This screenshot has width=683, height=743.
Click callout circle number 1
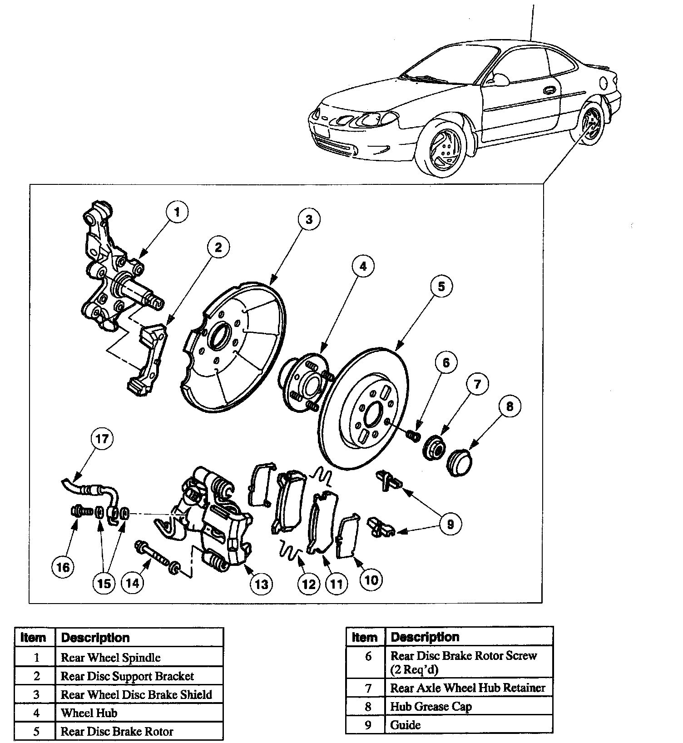[x=177, y=212]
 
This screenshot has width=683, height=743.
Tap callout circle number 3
[x=309, y=220]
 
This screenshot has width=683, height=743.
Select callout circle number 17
[x=102, y=439]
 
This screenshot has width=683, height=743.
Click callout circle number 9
[x=450, y=525]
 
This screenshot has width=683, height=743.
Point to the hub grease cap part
[x=459, y=462]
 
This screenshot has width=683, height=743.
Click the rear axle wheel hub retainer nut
[x=435, y=448]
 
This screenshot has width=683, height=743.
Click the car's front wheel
[x=443, y=148]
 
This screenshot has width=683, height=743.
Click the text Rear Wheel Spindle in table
[x=111, y=658]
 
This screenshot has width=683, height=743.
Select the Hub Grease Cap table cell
[x=431, y=707]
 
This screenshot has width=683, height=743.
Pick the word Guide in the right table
[x=406, y=725]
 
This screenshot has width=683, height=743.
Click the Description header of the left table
[x=95, y=638]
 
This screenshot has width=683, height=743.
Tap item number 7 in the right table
[x=368, y=688]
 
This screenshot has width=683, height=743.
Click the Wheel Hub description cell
[x=89, y=713]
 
